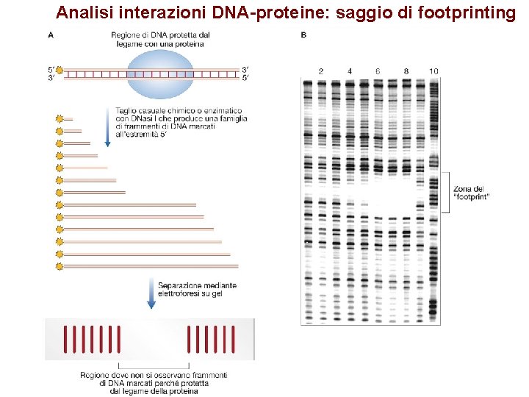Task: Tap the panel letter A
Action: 50,35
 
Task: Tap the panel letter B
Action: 303,35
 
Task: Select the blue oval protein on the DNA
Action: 162,71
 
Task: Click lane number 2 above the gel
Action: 321,71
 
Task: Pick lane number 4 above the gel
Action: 349,71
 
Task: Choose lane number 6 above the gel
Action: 377,71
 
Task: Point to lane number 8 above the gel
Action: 406,71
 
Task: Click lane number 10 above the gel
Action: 433,71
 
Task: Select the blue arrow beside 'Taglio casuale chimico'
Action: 108,126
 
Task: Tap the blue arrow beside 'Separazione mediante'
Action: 151,293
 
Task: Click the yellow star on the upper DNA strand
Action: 60,70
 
